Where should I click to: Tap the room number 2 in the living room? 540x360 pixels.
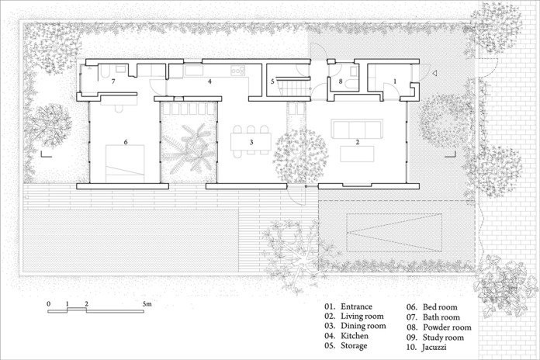[358, 143]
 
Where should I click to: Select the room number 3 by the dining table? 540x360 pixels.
[251, 143]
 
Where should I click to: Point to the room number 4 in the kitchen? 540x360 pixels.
[209, 81]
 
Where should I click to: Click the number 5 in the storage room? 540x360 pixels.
[273, 81]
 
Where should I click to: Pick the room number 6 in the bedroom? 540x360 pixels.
[125, 143]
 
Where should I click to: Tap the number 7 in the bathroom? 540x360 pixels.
[113, 81]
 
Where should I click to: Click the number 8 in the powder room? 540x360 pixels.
[340, 81]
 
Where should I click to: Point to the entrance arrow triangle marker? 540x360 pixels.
[435, 74]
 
